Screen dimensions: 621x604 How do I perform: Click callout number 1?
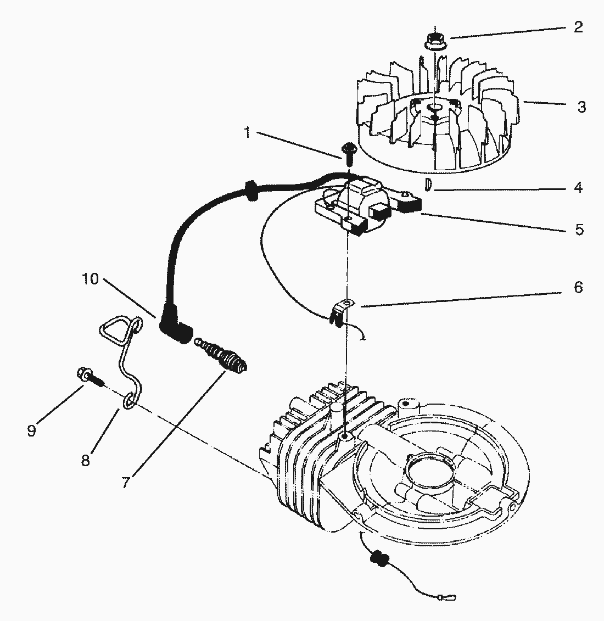[x=247, y=132]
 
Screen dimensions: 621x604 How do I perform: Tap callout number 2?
[x=578, y=27]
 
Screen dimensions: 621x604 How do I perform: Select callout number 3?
[x=581, y=107]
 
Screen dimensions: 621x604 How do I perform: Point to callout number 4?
[x=578, y=187]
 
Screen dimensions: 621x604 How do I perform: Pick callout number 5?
[x=579, y=229]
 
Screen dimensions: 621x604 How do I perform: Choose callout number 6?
[x=578, y=287]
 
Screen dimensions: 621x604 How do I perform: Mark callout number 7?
[x=126, y=482]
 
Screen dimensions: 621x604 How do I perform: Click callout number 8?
[x=85, y=460]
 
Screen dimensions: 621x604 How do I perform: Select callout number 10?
[x=90, y=279]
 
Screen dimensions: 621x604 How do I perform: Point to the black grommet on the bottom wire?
[x=378, y=559]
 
